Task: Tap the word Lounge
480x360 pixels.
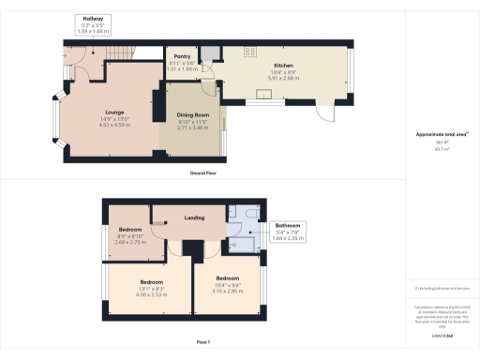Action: pos(112,112)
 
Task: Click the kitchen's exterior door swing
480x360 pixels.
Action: pos(325,112)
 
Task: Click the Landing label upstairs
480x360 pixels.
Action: pos(195,218)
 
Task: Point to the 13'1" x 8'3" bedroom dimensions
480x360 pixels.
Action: pos(152,292)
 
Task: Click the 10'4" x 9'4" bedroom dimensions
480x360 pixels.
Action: pos(228,288)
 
